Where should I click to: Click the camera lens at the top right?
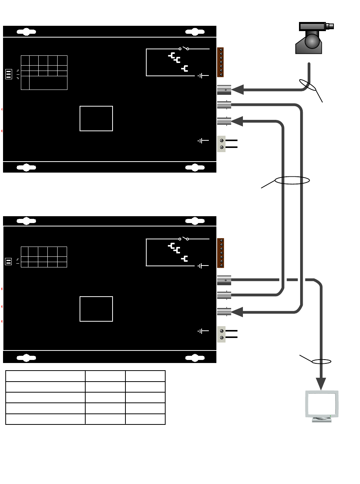[330, 26]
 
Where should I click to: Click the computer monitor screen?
[321, 404]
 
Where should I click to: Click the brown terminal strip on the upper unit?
[221, 62]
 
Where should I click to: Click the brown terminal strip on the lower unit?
[221, 253]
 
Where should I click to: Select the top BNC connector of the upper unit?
[224, 90]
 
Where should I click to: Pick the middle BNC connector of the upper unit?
[224, 105]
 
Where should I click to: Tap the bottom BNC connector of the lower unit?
[224, 312]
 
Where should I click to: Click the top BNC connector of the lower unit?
[224, 280]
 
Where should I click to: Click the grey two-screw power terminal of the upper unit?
[221, 144]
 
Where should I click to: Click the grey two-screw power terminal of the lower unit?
[221, 334]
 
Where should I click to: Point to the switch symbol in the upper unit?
[184, 49]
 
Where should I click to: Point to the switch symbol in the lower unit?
[184, 239]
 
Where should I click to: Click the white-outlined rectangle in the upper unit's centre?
[96, 118]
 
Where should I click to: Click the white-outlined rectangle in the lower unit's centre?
[96, 309]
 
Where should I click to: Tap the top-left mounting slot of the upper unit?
[27, 32]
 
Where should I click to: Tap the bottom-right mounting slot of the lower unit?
[195, 357]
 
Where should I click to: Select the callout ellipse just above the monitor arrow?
[321, 361]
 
